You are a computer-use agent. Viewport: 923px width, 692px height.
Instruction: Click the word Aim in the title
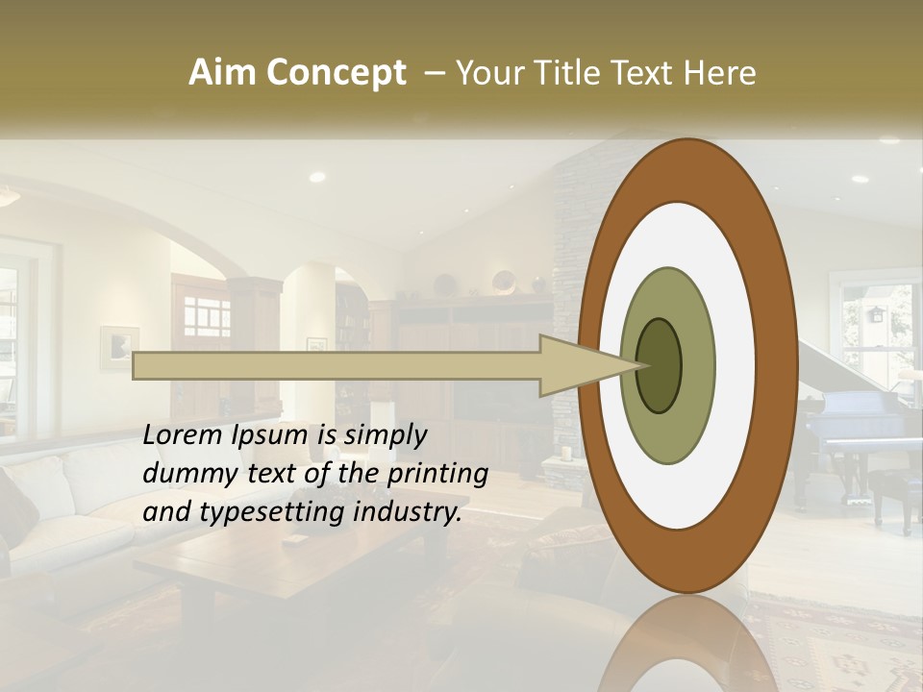pos(221,73)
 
